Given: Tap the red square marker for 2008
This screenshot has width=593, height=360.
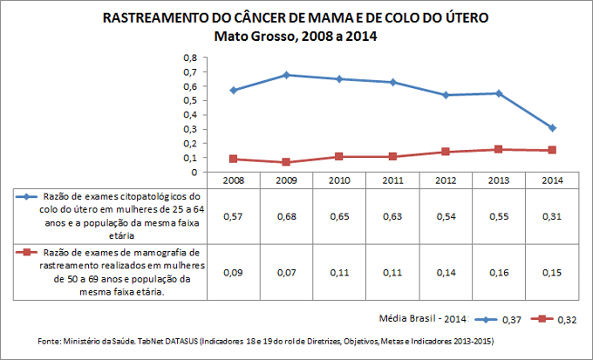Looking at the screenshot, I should (234, 159).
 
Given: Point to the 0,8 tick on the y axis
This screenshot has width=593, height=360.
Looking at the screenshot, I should (190, 58).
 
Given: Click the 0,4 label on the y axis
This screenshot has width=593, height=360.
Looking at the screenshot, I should (190, 115).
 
